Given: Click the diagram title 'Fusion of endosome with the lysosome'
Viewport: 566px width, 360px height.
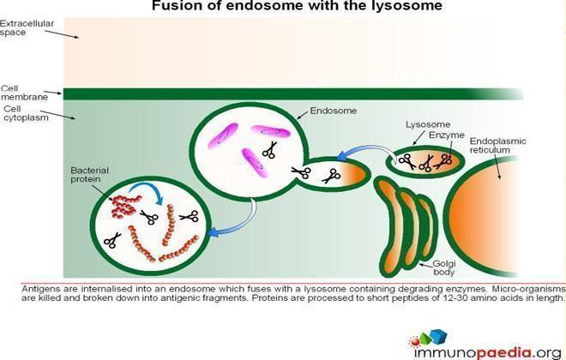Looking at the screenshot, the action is coord(297,5).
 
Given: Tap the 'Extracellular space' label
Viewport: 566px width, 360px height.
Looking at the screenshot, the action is coord(27,27).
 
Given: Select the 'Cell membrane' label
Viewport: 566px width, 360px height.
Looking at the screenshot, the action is coord(24,93).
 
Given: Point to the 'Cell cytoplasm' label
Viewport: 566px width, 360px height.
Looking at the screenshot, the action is coord(26,113).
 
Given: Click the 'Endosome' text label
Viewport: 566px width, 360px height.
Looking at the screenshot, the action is coord(334,111).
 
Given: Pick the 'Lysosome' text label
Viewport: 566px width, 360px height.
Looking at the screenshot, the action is coord(428,124).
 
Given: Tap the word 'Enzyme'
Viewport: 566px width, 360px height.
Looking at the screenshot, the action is coord(447,135).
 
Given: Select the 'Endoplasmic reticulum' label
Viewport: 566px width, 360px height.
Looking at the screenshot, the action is coord(497,146).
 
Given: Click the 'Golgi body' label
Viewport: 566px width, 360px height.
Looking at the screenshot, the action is coord(444,268).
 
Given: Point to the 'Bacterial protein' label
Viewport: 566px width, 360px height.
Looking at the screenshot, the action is coord(89,175).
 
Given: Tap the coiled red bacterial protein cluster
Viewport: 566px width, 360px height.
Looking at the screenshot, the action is coord(124,207).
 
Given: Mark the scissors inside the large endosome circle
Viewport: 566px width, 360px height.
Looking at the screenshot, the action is coord(269,150).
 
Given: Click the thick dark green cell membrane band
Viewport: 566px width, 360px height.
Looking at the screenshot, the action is coord(292,93).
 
